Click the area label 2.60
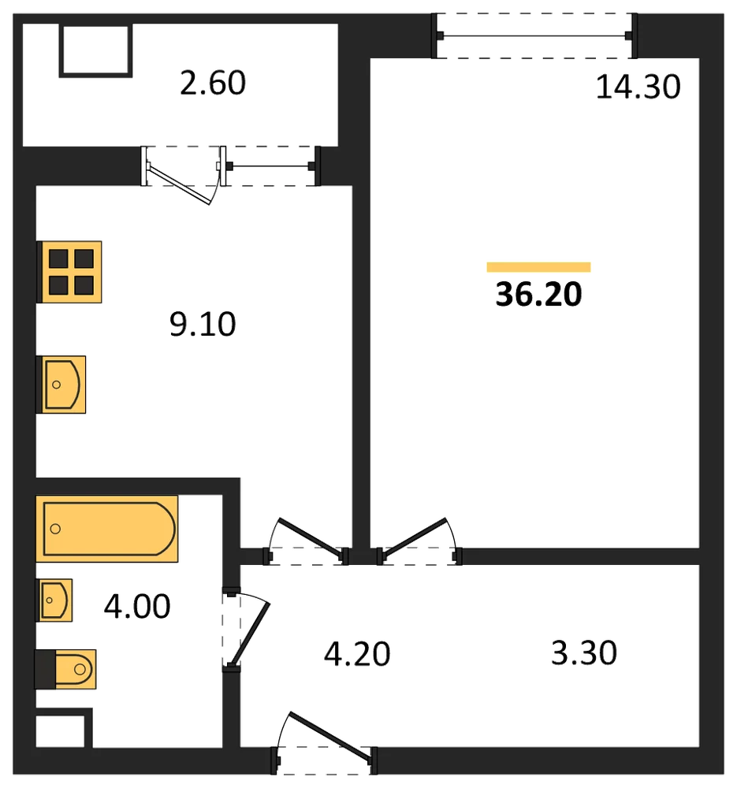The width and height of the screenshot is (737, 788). (x=213, y=83)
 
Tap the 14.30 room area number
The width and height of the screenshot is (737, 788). (x=638, y=87)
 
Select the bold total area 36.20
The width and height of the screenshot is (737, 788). (x=538, y=294)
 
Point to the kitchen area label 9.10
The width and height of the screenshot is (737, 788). (x=203, y=324)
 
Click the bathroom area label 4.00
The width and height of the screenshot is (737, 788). (x=137, y=606)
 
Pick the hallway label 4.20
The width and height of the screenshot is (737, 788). (x=357, y=654)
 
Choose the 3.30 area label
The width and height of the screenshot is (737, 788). (x=583, y=652)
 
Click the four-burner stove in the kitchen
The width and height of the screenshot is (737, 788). (x=69, y=272)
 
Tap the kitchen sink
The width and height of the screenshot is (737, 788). (x=61, y=385)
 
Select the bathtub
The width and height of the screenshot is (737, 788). (x=107, y=529)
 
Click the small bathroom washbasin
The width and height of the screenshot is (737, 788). (x=54, y=600)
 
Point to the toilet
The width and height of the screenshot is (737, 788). (x=65, y=669)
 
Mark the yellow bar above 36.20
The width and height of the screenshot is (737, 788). (x=538, y=267)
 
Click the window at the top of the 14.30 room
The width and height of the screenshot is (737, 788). (x=535, y=35)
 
